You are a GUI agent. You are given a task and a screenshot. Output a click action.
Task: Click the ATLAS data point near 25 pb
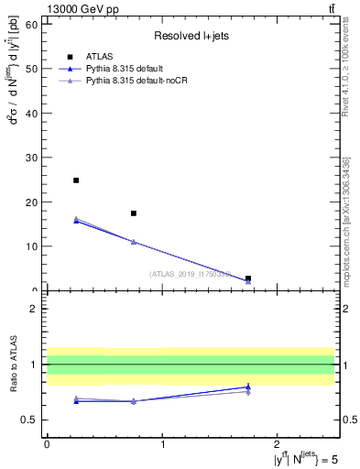[76, 180]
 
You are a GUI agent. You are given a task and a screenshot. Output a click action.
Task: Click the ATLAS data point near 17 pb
[134, 213]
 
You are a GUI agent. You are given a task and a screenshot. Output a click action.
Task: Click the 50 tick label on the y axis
[33, 69]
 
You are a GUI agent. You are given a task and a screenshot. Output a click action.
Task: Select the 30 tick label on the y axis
[33, 158]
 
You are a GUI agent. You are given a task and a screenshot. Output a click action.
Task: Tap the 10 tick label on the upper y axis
[33, 246]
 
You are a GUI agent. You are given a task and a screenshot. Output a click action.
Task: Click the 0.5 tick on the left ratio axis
[30, 420]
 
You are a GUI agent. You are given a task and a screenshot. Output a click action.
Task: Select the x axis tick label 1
[163, 444]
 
